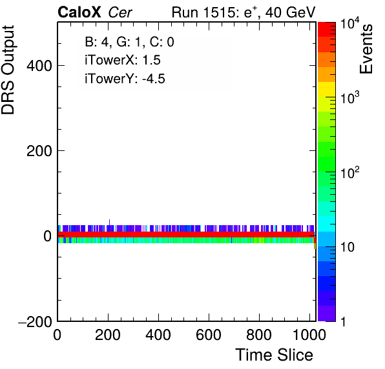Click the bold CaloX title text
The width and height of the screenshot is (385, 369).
click(79, 12)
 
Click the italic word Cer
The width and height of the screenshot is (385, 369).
click(120, 12)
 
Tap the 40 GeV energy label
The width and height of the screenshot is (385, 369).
click(290, 12)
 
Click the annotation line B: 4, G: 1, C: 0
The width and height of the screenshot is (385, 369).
click(129, 42)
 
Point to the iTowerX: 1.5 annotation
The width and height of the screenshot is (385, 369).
click(123, 60)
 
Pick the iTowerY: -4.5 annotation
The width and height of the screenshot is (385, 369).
click(125, 79)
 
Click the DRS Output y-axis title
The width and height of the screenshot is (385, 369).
click(8, 70)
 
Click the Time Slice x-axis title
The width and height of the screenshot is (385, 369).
click(275, 355)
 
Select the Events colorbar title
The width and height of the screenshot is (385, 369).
click(366, 49)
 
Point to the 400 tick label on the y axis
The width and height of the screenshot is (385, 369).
click(39, 66)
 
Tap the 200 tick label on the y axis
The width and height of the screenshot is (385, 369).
click(39, 151)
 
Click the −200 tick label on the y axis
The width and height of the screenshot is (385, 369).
click(35, 321)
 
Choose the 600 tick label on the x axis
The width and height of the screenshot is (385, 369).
click(209, 334)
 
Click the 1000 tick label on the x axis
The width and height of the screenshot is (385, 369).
click(309, 334)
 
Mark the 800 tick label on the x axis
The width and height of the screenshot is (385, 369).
click(259, 334)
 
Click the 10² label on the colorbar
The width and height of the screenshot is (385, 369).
click(350, 172)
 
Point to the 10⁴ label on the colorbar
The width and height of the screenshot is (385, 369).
click(350, 23)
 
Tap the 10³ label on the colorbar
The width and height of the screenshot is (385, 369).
click(350, 98)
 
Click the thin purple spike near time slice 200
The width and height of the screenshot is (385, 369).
click(109, 223)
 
